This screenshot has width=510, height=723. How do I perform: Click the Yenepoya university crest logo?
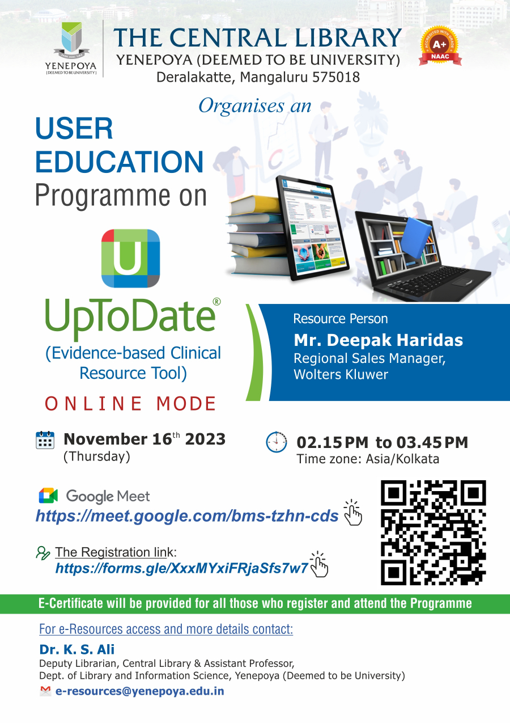click(x=71, y=48)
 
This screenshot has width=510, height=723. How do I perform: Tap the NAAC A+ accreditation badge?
click(x=440, y=46)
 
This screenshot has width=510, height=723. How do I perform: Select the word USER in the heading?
click(x=74, y=129)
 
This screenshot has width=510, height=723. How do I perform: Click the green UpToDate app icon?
click(x=130, y=258)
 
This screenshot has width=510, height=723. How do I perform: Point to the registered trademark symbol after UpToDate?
click(x=217, y=302)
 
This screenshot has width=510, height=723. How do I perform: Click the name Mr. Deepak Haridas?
click(x=378, y=340)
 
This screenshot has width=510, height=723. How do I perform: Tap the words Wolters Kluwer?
click(x=341, y=374)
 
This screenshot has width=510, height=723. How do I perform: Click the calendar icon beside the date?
click(x=45, y=440)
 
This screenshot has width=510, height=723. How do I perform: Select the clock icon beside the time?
click(x=277, y=442)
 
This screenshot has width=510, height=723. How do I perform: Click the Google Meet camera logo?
click(x=48, y=496)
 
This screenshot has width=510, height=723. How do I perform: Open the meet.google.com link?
click(x=187, y=516)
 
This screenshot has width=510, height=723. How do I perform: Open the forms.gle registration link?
click(x=181, y=568)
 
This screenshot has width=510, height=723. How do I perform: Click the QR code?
click(x=433, y=532)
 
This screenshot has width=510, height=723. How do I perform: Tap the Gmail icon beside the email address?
click(x=45, y=691)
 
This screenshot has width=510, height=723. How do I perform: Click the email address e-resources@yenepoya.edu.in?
click(x=139, y=691)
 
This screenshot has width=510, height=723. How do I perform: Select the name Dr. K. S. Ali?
click(x=76, y=649)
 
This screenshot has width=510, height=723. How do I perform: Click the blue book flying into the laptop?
click(x=416, y=237)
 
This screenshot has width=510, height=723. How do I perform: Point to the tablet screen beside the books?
click(x=314, y=227)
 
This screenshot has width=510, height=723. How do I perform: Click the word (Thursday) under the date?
click(x=97, y=456)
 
